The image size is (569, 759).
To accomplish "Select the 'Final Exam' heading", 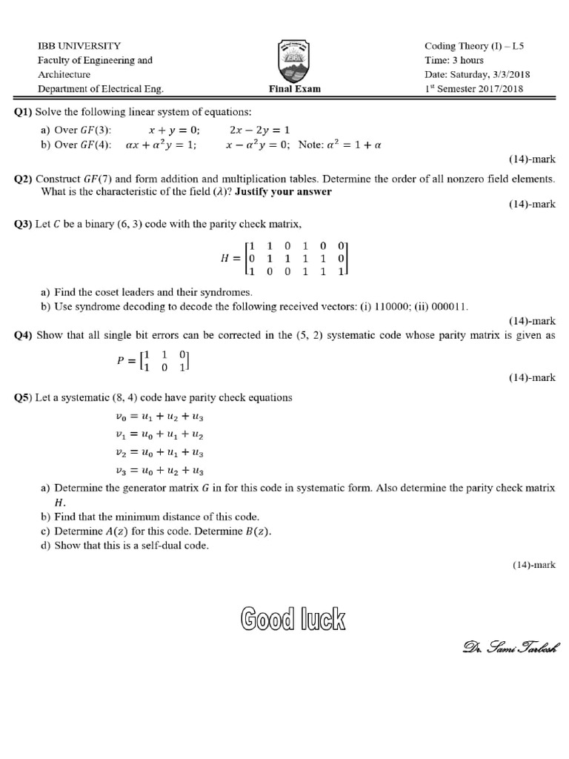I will [295, 90].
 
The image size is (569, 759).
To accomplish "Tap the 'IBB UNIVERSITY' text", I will [79, 46].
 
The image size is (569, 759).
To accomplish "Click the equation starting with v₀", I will [159, 417].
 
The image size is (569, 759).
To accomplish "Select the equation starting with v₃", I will [159, 470].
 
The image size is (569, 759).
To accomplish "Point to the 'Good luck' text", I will [293, 619].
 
